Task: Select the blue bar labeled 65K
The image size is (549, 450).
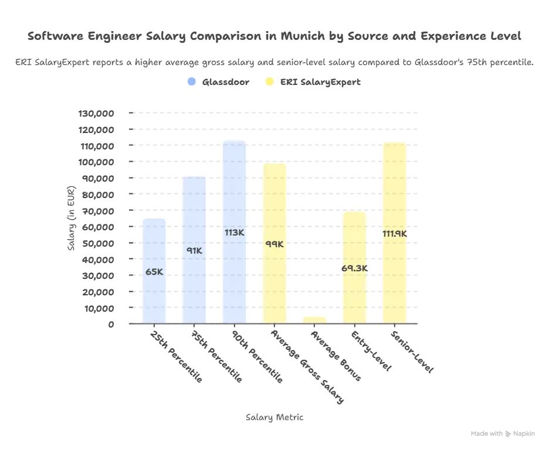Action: (154, 270)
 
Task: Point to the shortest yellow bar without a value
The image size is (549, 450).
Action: (314, 319)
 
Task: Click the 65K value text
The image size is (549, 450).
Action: (154, 271)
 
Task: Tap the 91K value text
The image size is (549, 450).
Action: (194, 251)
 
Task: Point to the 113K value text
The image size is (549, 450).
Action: (234, 233)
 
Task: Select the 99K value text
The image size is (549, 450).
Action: (274, 244)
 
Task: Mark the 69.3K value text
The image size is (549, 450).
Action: (354, 268)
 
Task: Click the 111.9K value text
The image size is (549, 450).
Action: (394, 234)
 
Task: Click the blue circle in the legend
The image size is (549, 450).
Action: (190, 83)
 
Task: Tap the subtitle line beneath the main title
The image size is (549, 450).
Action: (274, 60)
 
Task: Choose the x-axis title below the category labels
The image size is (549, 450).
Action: (274, 418)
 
